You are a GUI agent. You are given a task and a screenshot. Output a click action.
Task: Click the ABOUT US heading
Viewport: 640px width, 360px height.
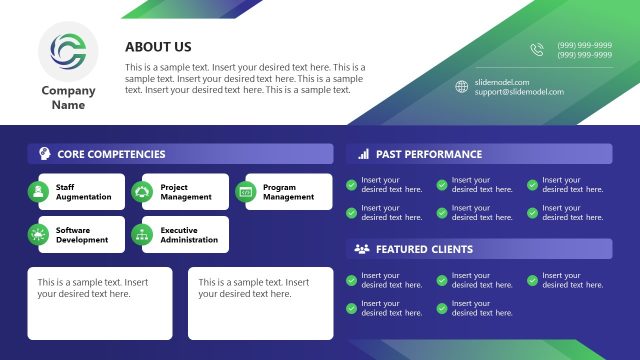click(158, 47)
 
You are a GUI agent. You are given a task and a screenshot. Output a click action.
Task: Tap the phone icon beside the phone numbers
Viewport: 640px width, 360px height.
click(537, 50)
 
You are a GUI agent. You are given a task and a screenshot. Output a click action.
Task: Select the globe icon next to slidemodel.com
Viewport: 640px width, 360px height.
click(461, 87)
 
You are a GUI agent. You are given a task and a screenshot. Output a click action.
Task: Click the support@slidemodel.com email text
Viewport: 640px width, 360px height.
click(519, 92)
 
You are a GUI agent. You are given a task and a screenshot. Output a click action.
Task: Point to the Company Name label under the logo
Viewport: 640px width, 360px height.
click(68, 98)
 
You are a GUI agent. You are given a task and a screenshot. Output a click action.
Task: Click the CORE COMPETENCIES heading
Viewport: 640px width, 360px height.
click(111, 154)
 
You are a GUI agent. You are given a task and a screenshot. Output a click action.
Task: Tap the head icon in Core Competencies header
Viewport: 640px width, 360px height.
click(45, 154)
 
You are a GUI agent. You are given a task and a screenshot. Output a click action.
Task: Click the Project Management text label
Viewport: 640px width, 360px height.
click(186, 192)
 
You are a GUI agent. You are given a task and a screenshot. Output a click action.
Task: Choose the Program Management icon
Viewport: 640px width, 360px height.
click(245, 191)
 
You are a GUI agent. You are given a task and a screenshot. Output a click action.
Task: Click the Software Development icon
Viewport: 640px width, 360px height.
click(38, 235)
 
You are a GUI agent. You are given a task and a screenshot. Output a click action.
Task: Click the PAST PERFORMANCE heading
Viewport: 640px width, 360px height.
click(429, 154)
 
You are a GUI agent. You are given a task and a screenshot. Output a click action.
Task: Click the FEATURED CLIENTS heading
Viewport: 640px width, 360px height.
click(424, 249)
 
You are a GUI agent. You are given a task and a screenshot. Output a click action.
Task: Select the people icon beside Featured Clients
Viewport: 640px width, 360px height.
click(361, 249)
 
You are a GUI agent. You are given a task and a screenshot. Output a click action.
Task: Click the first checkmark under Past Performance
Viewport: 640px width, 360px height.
click(351, 185)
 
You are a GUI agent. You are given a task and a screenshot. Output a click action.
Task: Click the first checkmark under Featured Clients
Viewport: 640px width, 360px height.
click(351, 280)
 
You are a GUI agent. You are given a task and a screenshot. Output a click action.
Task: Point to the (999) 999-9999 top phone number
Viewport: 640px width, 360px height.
click(585, 45)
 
